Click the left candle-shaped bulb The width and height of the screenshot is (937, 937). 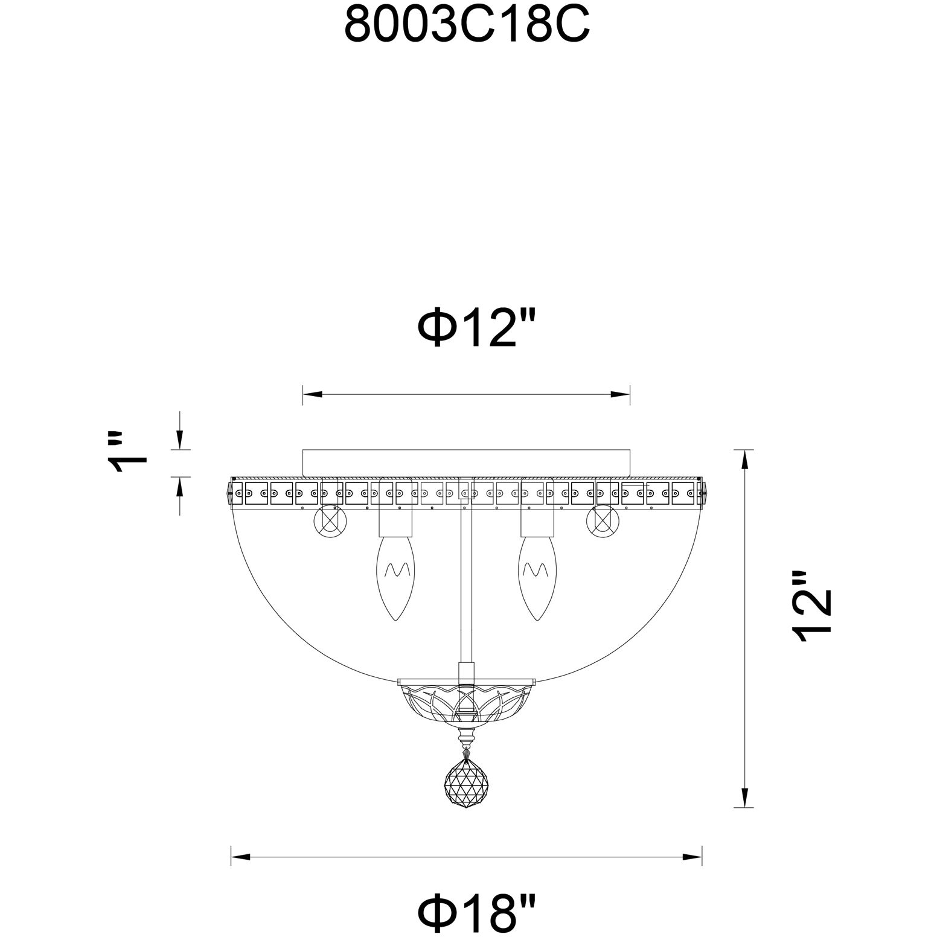click(395, 571)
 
